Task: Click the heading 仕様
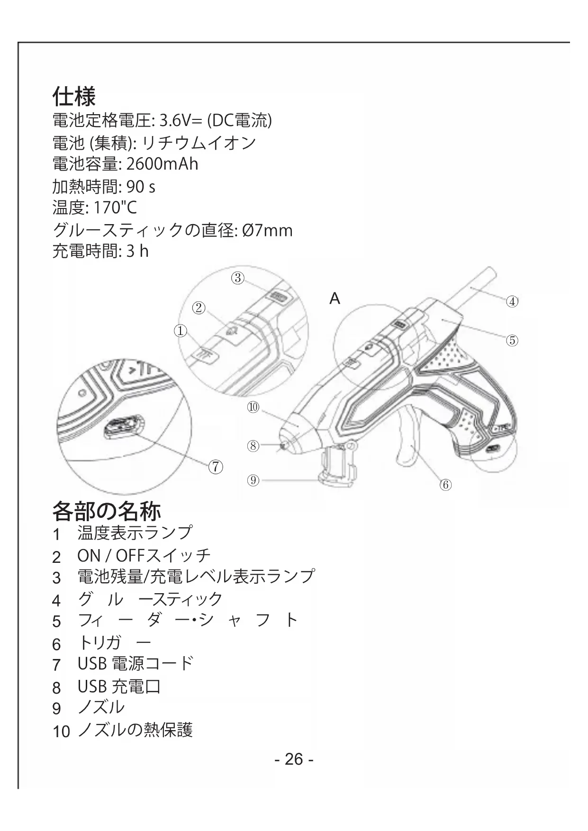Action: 74,96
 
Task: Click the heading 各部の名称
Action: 106,511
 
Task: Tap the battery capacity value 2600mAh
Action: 162,164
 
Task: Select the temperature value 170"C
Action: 109,208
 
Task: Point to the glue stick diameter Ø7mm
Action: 267,230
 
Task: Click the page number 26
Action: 294,759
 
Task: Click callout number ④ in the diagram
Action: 512,301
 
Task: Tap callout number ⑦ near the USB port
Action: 215,467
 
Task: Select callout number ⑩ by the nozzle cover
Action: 253,406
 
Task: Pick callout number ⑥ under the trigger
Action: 445,485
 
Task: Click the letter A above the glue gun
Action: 335,299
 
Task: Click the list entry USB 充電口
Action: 119,686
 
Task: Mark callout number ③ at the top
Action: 238,278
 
